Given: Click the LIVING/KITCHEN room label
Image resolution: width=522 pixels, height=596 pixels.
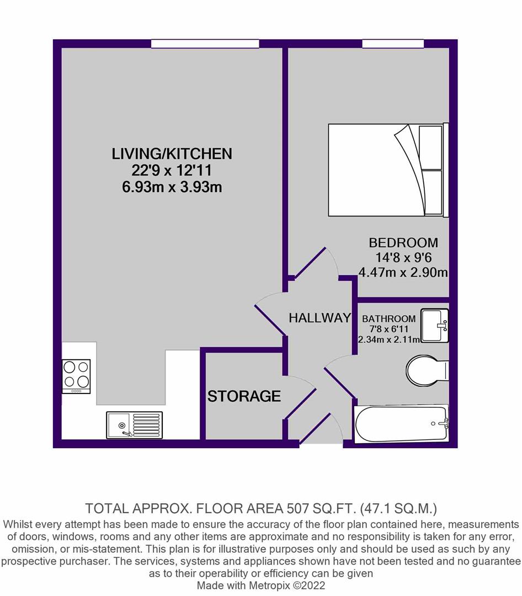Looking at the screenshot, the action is (172, 153).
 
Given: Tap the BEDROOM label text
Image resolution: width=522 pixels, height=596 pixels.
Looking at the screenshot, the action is (403, 242).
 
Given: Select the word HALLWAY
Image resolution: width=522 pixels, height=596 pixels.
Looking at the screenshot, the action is (319, 318).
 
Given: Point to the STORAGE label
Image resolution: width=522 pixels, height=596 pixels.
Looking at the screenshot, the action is (244, 396).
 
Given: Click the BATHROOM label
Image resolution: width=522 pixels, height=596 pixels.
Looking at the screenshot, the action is (388, 318).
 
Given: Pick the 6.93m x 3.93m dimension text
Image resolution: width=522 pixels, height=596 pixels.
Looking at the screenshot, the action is (172, 188).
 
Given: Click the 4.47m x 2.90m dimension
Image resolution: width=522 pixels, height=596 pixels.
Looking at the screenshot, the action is (403, 272).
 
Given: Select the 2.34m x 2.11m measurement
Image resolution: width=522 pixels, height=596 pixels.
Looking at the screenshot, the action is (389, 339).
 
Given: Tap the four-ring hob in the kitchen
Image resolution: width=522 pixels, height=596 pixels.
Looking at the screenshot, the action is (76, 376).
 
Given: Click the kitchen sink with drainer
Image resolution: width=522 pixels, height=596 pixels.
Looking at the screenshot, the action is (134, 425).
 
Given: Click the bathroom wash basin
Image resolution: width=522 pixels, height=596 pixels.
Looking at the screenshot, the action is (435, 326).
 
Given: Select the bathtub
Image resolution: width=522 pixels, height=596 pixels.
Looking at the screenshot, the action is (401, 424).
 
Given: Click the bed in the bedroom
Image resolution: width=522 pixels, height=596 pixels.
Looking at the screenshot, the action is (388, 170).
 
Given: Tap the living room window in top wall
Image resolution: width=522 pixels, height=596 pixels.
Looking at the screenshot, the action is (205, 44).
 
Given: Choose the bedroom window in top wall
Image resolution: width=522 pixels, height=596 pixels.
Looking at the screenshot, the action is (393, 44).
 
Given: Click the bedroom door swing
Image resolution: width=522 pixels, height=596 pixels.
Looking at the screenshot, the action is (316, 262).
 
